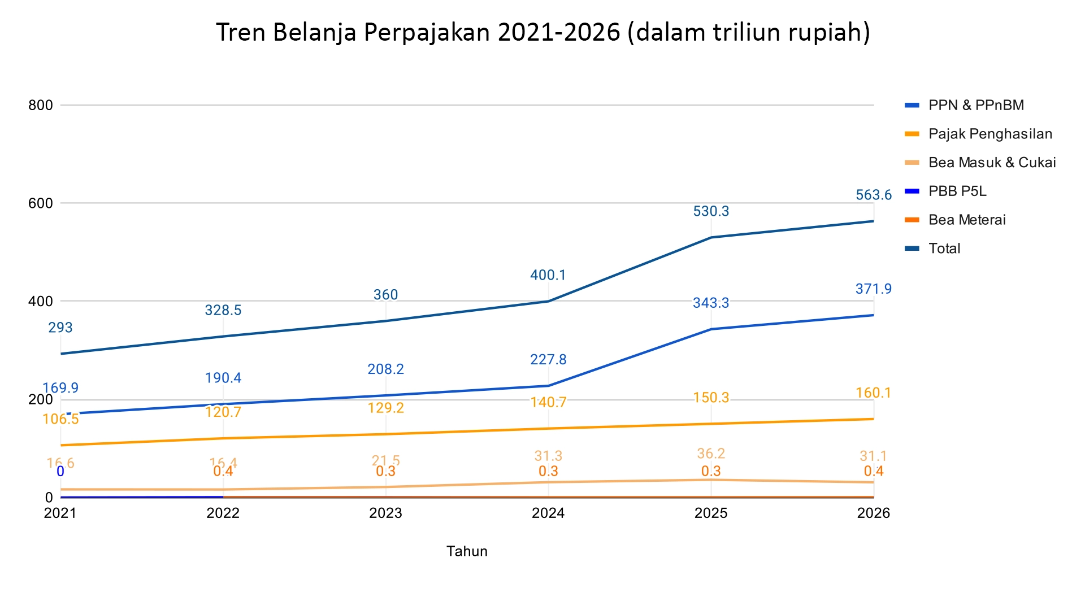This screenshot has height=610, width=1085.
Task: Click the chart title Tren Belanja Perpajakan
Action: (x=542, y=32)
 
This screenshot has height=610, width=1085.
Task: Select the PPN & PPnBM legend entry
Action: (x=975, y=105)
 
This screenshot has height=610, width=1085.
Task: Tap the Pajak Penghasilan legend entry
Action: (x=989, y=134)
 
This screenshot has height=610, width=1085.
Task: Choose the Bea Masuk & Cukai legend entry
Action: (x=992, y=163)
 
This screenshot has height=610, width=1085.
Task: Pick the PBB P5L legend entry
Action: (x=957, y=191)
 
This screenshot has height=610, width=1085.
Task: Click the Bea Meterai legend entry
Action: (x=966, y=220)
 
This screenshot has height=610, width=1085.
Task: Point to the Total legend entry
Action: (x=944, y=249)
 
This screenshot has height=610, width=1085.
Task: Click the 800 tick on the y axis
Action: (x=41, y=105)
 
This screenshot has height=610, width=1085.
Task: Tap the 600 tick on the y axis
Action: (x=41, y=203)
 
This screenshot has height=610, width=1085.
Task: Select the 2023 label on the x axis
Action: (x=385, y=513)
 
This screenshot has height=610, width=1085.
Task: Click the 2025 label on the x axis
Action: (x=711, y=513)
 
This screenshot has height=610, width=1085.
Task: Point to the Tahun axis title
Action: (x=467, y=551)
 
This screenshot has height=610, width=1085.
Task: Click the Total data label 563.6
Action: (x=873, y=195)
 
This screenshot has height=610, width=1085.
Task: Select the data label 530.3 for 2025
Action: (x=711, y=211)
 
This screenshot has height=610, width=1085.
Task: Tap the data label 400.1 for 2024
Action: (x=548, y=275)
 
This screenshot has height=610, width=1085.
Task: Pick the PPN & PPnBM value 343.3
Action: (x=711, y=303)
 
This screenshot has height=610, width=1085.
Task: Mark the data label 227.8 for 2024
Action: (x=548, y=360)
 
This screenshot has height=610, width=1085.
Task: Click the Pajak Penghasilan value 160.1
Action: (x=873, y=393)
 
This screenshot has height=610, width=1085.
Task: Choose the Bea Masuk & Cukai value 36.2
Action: (x=711, y=454)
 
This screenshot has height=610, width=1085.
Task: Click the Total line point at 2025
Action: (x=711, y=237)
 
